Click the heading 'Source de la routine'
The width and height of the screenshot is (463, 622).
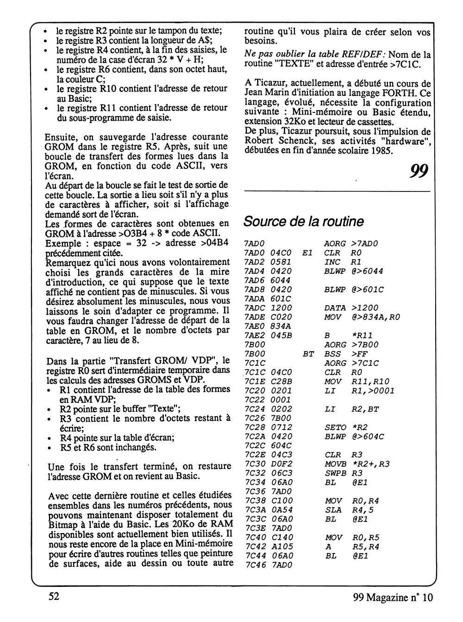tap(303, 222)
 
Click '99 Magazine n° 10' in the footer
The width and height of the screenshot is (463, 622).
tap(392, 597)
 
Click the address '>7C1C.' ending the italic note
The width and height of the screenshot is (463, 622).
tap(406, 64)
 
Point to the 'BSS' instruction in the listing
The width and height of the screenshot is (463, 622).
tap(332, 353)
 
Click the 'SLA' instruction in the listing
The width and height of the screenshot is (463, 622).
tap(332, 510)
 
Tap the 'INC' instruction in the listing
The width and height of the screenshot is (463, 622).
tap(332, 262)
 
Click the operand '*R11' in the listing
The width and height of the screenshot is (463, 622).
tap(361, 335)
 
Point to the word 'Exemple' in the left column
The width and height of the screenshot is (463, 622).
tap(63, 244)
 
